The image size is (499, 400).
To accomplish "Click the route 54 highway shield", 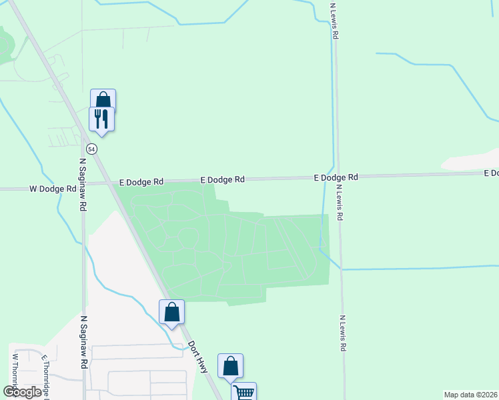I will (92, 149).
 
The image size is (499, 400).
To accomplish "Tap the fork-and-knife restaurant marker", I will (101, 118).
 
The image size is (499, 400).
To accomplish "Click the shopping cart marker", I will (243, 393).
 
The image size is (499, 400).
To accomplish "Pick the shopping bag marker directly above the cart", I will (230, 366).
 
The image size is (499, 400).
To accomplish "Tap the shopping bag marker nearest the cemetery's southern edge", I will (171, 312).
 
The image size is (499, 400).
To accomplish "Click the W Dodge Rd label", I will (53, 189).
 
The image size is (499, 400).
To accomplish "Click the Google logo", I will (23, 392).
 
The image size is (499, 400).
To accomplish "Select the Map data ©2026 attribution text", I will (470, 395).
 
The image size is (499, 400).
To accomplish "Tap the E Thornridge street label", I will (46, 377).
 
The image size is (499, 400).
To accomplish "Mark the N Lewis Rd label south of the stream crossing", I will (342, 333).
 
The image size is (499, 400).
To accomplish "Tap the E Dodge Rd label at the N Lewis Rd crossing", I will (336, 177).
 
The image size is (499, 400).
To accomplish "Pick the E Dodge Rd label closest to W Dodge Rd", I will (141, 181).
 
